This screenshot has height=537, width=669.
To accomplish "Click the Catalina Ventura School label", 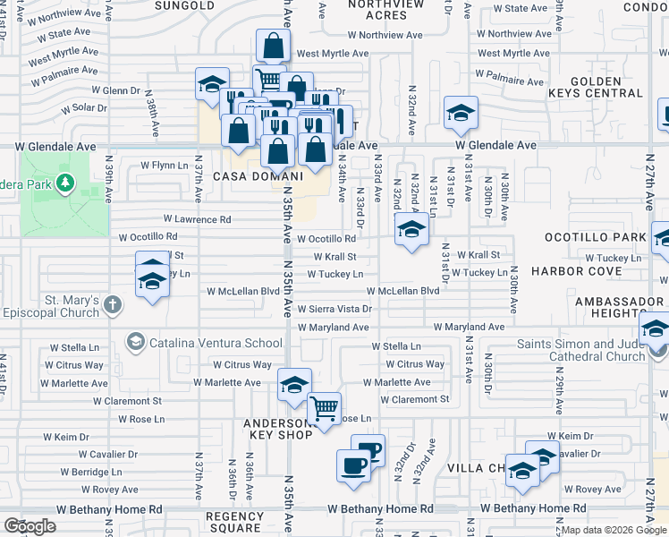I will [x=215, y=342].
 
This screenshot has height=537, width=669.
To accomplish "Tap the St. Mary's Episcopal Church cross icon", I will [x=112, y=306].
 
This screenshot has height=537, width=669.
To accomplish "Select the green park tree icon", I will [x=64, y=184].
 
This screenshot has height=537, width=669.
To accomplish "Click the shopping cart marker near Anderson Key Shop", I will [x=324, y=409].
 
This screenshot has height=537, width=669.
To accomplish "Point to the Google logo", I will [x=30, y=527].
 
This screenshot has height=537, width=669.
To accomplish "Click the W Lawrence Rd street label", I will [x=197, y=219].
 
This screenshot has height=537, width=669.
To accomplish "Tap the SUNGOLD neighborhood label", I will [x=184, y=5].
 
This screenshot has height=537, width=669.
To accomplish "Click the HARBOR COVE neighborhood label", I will [x=588, y=270].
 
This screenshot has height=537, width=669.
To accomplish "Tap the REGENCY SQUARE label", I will [x=234, y=522].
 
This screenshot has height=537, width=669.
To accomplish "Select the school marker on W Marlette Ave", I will [x=294, y=385].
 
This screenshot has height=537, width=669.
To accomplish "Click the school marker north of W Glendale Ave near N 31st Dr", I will [x=461, y=113].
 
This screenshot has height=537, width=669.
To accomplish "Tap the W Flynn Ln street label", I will [x=169, y=166].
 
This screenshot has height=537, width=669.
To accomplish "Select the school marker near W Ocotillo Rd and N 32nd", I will [x=411, y=230].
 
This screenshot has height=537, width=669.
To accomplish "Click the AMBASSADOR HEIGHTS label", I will [x=616, y=308].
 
